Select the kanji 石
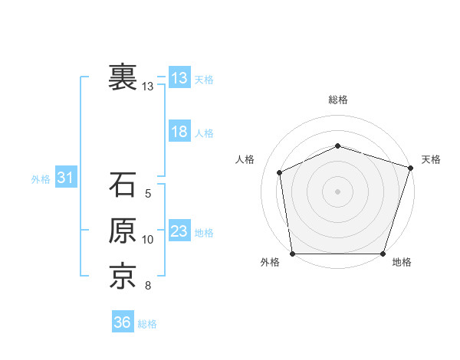coord(123,185)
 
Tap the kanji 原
coord(123,231)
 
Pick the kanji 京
coord(123,277)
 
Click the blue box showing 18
coord(179,132)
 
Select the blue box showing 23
coord(179,231)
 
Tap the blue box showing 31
coord(65,178)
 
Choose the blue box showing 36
coord(123,322)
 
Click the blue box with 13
coord(179,78)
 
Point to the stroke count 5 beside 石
coord(148,194)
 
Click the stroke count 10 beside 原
coord(148,240)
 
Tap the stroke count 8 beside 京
coord(148,286)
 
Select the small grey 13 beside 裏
coord(148,87)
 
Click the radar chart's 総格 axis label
coord(338,100)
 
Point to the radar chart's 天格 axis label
coord(431,159)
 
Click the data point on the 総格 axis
coord(338,146)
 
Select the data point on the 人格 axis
coord(280,172)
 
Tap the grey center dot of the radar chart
coord(338,191)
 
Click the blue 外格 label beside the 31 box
coord(41,179)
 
